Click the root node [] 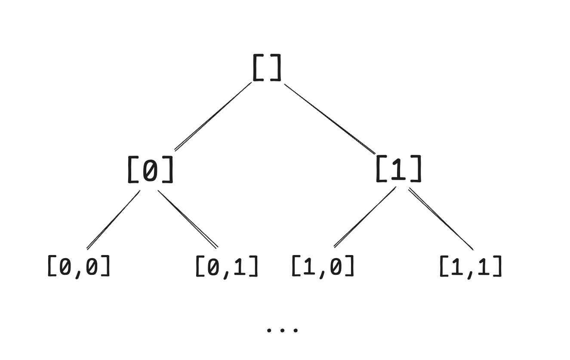(x=267, y=68)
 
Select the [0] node (x=150, y=169)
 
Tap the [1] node (x=399, y=169)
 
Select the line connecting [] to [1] (x=330, y=119)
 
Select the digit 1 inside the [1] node (x=399, y=169)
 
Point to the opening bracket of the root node (x=257, y=68)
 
